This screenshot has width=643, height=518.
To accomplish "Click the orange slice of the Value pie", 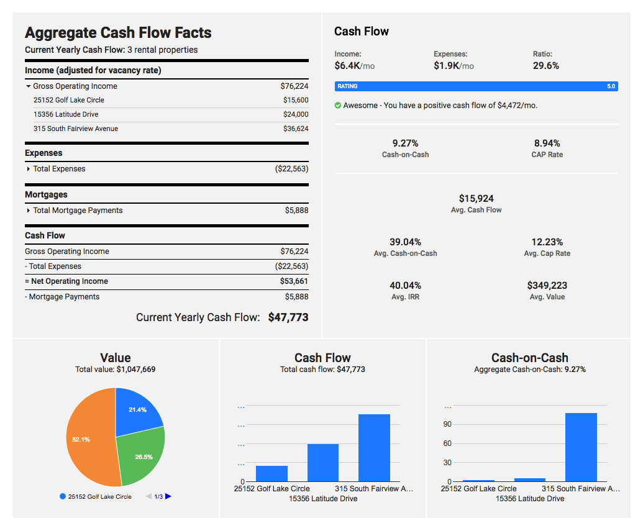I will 87,441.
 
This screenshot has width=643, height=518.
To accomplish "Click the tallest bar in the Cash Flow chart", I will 374,447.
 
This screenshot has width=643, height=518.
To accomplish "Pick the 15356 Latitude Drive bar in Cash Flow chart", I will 323,462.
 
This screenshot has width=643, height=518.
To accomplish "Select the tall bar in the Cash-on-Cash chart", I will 581,447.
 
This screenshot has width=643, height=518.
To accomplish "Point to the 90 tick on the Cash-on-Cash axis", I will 447,424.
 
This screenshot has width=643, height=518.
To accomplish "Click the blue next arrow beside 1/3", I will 168,496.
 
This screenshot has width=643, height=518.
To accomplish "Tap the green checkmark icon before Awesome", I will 338,106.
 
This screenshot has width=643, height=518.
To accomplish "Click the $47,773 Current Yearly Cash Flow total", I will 288,317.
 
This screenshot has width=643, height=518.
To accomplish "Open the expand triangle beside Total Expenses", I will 28,169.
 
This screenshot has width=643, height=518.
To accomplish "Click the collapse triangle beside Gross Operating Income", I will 28,86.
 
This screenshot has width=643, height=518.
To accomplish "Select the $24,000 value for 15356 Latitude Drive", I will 296,114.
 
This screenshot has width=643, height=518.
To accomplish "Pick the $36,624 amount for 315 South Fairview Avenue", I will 296,129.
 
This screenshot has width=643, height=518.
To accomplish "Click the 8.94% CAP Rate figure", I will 547,143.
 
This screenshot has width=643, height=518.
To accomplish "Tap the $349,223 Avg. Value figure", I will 547,286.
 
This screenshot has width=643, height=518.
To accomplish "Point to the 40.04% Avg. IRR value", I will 405,286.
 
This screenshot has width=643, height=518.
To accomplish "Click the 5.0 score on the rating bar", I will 611,86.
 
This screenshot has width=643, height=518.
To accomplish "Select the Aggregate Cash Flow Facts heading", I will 118,33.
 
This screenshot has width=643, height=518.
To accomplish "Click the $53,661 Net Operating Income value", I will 294,281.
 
